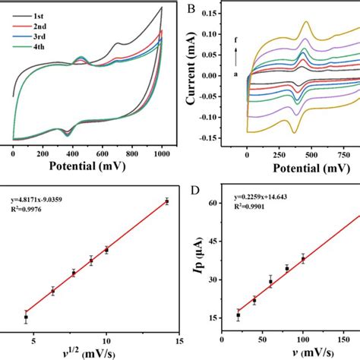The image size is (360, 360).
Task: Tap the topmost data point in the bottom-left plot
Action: click(x=166, y=201)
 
